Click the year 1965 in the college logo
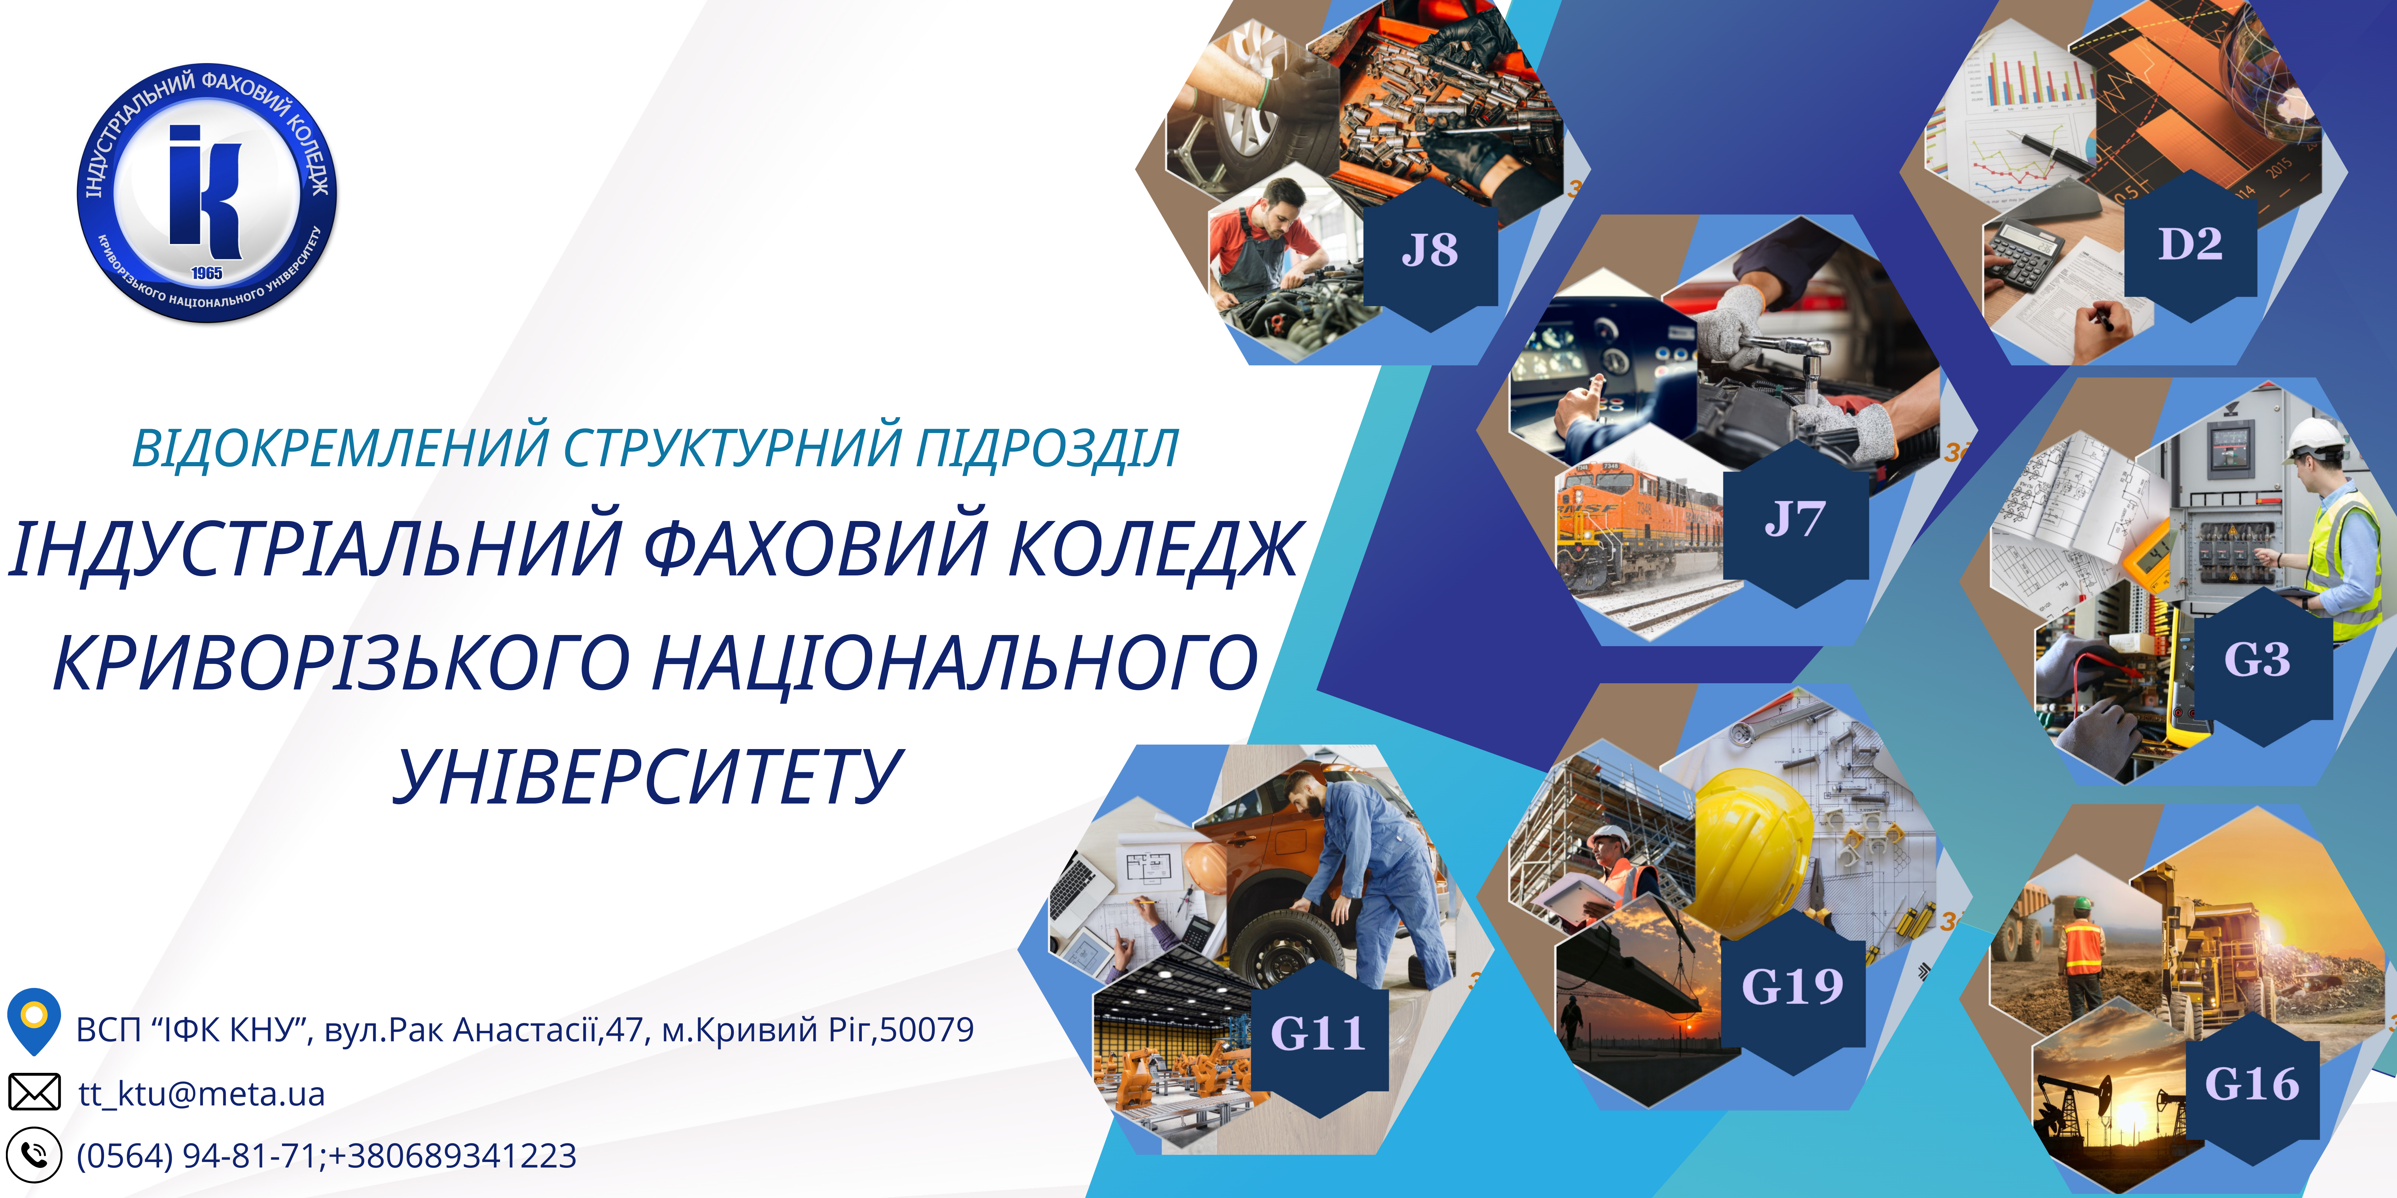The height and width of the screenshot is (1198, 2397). tap(207, 272)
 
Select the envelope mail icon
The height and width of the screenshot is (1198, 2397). tap(34, 1092)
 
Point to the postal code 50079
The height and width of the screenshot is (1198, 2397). tap(927, 1030)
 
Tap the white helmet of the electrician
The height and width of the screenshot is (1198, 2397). tap(2317, 439)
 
